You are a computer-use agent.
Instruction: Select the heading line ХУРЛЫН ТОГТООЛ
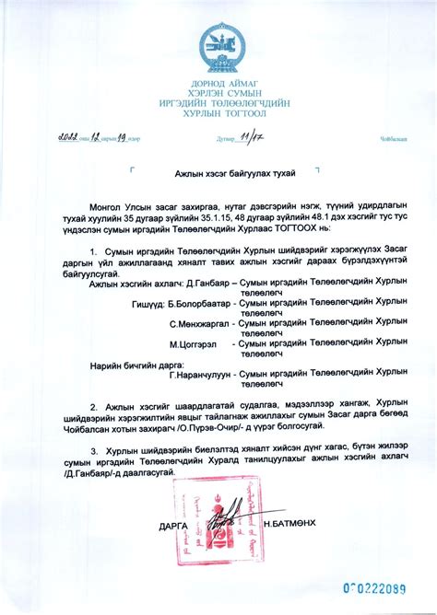click(x=218, y=115)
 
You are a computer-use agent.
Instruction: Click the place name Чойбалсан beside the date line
click(x=394, y=140)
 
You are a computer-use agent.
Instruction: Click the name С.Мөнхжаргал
click(x=200, y=323)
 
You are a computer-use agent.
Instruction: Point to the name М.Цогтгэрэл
click(x=195, y=343)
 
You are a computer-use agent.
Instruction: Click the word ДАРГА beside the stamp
click(x=172, y=524)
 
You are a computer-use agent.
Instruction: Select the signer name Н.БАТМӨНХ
click(x=289, y=523)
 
